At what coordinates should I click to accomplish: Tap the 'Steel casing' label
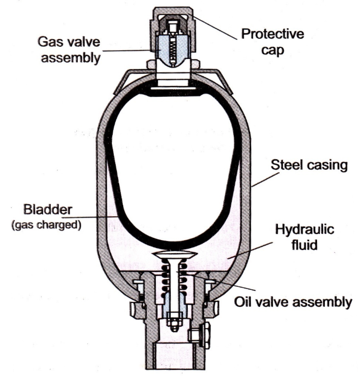pos(309,166)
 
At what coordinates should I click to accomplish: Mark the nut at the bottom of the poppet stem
pos(174,323)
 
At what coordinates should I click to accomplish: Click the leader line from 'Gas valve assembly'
pos(130,51)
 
